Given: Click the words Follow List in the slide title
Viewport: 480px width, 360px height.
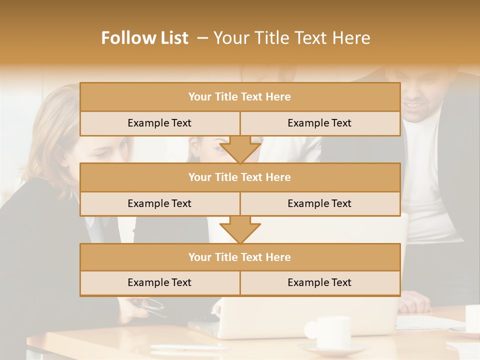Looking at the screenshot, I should [145, 38].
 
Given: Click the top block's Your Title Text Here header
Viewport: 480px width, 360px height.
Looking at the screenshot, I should [239, 97].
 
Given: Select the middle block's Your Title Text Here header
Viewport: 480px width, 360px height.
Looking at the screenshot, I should [239, 177].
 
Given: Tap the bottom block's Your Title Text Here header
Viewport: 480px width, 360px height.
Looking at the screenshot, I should [239, 257].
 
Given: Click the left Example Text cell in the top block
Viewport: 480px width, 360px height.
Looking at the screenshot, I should [159, 123].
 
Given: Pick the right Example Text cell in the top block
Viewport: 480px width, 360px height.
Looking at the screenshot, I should [319, 123].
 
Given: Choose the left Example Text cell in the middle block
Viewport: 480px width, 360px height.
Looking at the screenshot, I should [159, 204].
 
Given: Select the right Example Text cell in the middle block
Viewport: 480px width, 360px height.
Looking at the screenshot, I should [319, 204].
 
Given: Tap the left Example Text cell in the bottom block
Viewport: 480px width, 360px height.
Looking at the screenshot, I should [159, 283].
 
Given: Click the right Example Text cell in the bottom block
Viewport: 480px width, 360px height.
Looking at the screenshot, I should [319, 283].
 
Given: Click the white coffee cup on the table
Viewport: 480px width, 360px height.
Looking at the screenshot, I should [331, 331].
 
